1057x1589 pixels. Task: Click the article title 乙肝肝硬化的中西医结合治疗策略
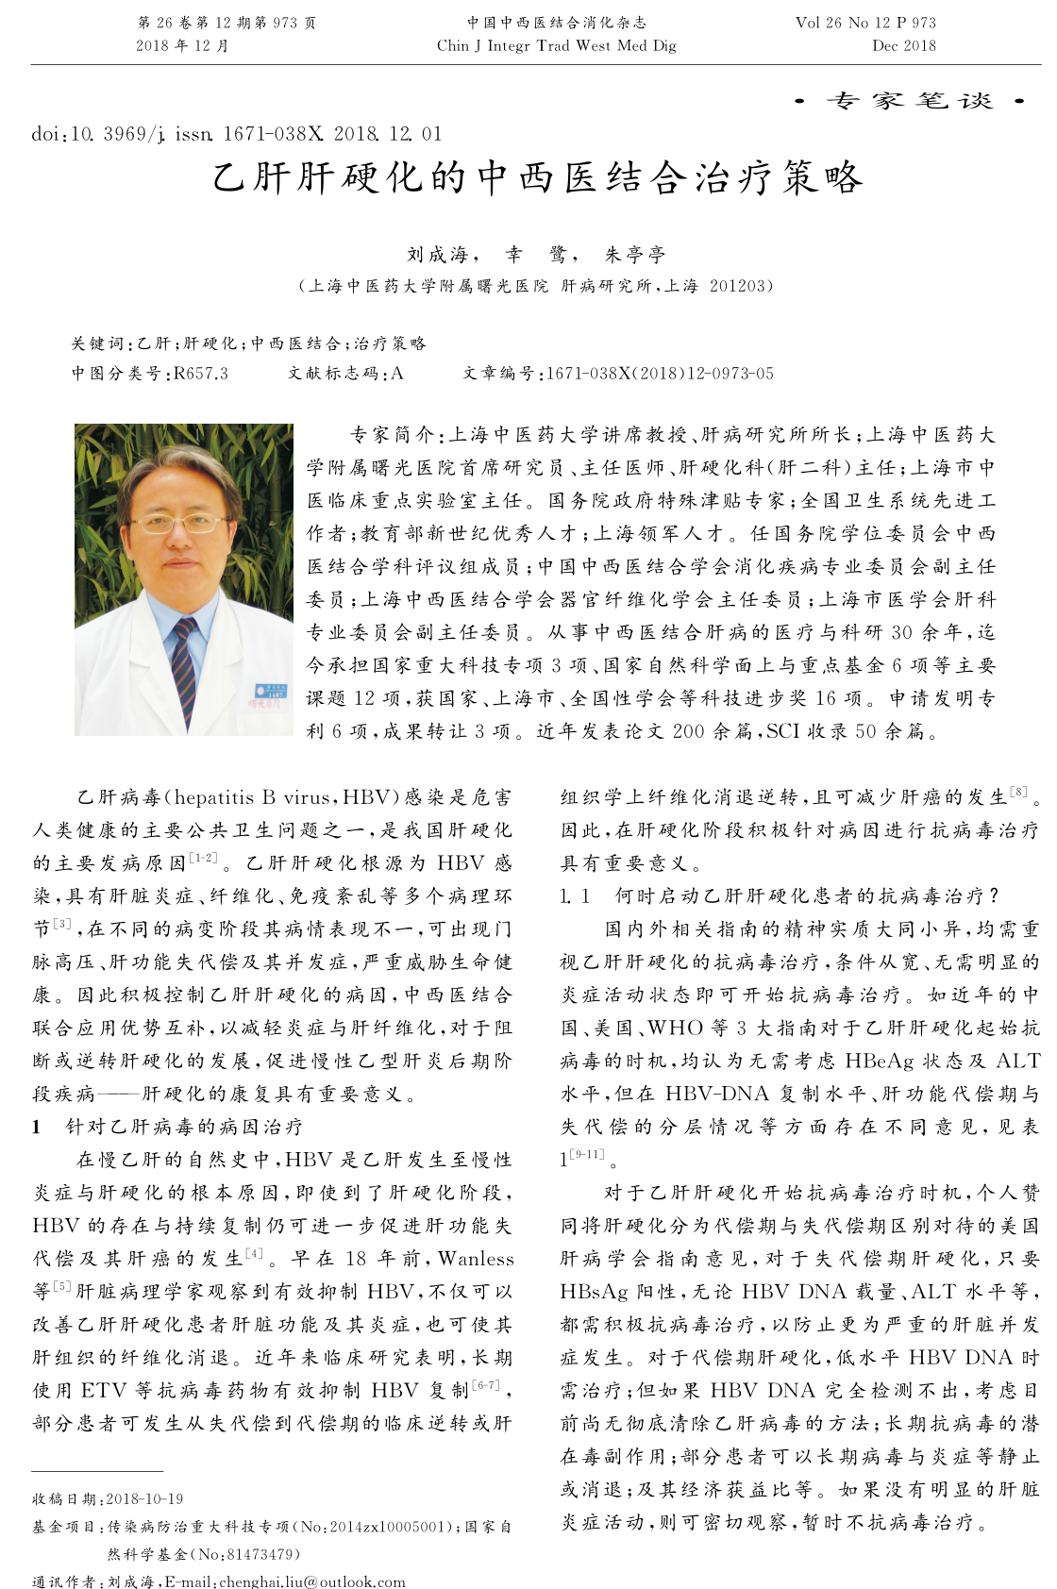coord(537,178)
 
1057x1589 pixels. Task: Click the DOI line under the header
coord(236,134)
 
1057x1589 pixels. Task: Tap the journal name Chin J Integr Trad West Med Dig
coord(556,45)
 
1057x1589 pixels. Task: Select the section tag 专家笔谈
coord(911,101)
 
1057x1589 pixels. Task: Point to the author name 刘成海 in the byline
coord(437,254)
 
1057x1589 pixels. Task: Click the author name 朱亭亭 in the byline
coord(635,254)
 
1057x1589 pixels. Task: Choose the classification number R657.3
coord(201,374)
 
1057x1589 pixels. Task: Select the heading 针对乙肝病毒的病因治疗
coord(184,1127)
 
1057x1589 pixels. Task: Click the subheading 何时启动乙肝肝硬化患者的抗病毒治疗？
coord(807,895)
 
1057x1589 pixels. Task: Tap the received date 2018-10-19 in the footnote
coord(144,1498)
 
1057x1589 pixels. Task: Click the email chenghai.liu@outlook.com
coord(311,1581)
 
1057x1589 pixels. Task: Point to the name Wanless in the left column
coord(476,1259)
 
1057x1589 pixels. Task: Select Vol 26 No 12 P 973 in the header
coord(865,23)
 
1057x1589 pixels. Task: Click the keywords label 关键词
coord(99,343)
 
